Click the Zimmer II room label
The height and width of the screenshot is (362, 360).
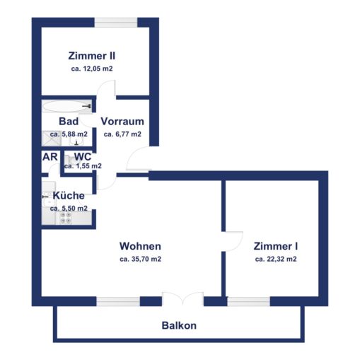coord(92,56)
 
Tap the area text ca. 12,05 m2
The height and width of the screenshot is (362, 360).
coord(92,69)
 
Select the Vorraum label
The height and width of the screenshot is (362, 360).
coord(122,122)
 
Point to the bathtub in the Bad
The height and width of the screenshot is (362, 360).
coord(67,106)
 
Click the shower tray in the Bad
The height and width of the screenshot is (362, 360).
coord(52,139)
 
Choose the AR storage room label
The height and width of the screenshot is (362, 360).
coord(50,157)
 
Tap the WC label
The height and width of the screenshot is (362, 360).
coord(83,156)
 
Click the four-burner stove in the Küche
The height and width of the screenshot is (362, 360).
coord(66,218)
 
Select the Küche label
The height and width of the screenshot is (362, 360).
coord(69,196)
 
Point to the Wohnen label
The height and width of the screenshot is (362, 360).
coord(140,246)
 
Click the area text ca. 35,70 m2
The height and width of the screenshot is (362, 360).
coord(140,259)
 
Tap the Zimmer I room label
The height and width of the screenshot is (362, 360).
coord(276,246)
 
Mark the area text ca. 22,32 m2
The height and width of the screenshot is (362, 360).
coord(276,259)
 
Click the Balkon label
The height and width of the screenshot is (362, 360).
coord(179,325)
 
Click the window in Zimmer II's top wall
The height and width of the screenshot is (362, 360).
coord(116,23)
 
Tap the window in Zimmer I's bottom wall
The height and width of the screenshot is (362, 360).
coord(249,301)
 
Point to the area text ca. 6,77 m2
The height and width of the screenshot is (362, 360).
coord(122,134)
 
